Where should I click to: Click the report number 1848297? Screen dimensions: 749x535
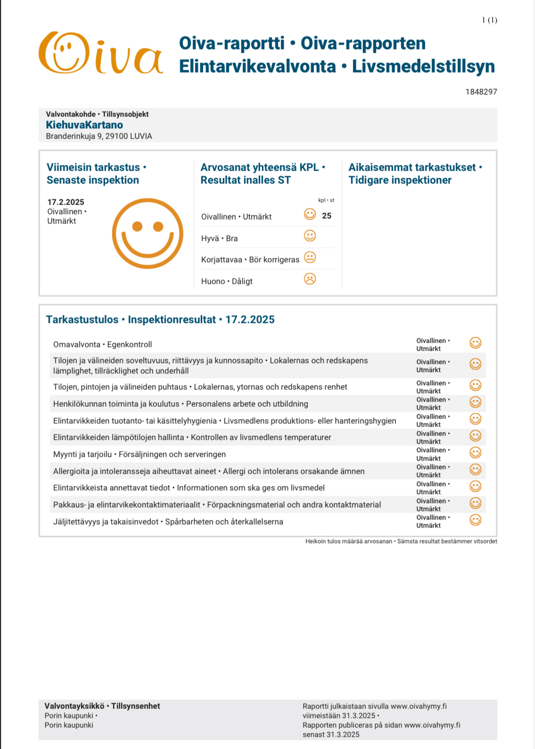click(x=481, y=92)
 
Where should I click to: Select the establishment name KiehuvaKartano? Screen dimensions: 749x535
click(x=84, y=125)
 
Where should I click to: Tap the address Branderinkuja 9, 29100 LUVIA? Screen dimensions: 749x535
click(x=99, y=136)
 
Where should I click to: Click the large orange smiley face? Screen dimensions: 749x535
click(x=148, y=233)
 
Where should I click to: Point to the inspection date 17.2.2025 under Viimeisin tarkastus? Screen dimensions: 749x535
click(x=66, y=202)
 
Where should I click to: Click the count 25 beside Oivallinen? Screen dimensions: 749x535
click(x=327, y=216)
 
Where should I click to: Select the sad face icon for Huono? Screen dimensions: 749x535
click(x=310, y=279)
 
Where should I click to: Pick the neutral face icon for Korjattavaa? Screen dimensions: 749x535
click(x=310, y=257)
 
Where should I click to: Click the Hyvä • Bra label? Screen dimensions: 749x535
click(x=219, y=239)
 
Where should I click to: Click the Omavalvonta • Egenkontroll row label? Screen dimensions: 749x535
click(x=102, y=345)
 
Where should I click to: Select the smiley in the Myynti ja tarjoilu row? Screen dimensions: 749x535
click(x=476, y=453)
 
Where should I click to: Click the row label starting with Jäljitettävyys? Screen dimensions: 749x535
click(x=168, y=522)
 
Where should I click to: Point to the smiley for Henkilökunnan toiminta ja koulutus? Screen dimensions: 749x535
click(x=476, y=402)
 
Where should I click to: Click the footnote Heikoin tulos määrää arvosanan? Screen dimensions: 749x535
click(x=348, y=542)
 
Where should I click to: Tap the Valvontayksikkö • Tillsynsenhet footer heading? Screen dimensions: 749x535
click(x=102, y=706)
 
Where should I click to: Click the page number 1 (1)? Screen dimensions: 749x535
click(x=489, y=20)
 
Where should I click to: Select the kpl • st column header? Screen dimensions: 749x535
click(x=326, y=200)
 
